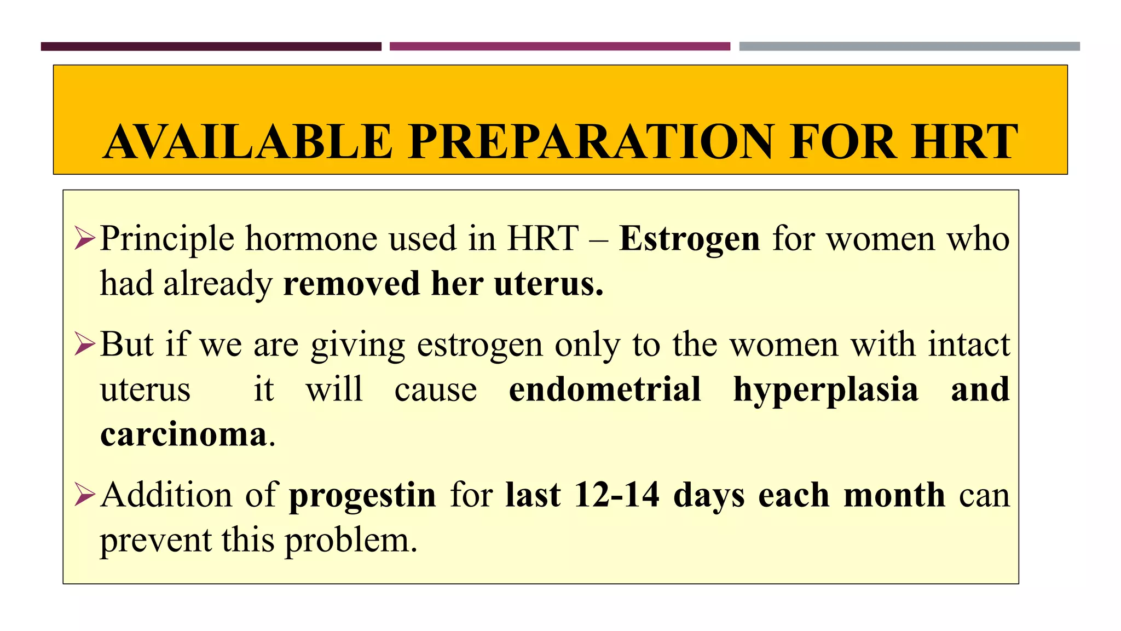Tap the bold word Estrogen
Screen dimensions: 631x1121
point(689,239)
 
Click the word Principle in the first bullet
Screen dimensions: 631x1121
point(167,239)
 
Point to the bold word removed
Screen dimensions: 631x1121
point(351,284)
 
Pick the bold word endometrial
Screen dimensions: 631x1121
point(604,389)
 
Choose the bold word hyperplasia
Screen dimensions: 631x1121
point(825,391)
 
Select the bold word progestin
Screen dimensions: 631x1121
point(362,496)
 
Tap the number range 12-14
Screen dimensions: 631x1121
point(617,495)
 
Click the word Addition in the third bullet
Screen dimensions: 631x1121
point(166,495)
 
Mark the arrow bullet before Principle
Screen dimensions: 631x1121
point(85,239)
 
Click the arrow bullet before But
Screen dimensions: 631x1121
point(85,345)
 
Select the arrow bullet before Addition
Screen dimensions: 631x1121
point(85,495)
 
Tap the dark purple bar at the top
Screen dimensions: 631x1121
point(211,47)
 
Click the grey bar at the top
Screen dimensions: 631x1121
point(909,47)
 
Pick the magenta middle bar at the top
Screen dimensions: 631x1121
point(559,47)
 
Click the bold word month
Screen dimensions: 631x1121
point(894,495)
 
